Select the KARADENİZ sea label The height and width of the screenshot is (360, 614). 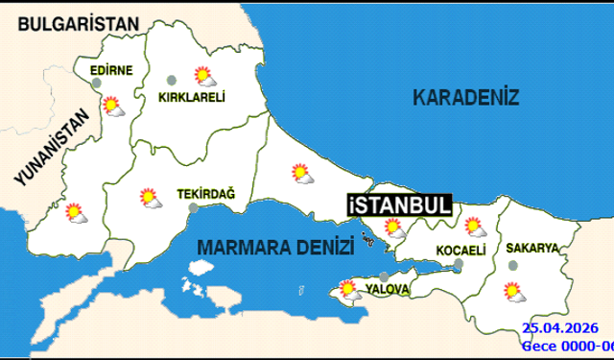pyautogui.click(x=465, y=97)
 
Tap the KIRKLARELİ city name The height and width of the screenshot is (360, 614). pyautogui.click(x=191, y=96)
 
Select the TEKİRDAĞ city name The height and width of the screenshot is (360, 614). pyautogui.click(x=206, y=194)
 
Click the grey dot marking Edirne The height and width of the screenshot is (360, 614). pyautogui.click(x=96, y=84)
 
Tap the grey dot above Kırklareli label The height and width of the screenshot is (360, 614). pyautogui.click(x=172, y=80)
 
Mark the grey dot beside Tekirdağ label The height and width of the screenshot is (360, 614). pyautogui.click(x=194, y=206)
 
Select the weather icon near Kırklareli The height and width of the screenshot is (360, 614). pyautogui.click(x=202, y=75)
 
